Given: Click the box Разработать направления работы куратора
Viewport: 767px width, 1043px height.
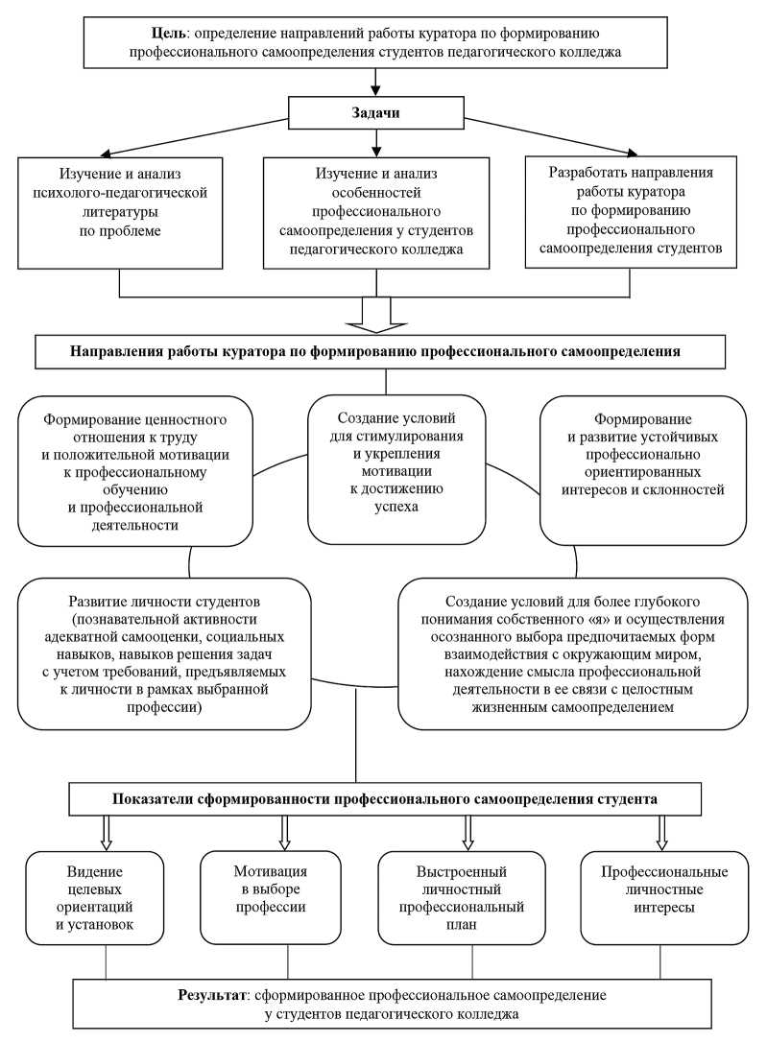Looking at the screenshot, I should (x=629, y=208).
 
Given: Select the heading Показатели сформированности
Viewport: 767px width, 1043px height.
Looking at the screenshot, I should (x=384, y=798).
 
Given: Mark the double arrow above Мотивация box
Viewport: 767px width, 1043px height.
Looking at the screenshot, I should (x=284, y=831).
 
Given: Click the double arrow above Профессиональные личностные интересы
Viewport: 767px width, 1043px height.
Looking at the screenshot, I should (x=661, y=831).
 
